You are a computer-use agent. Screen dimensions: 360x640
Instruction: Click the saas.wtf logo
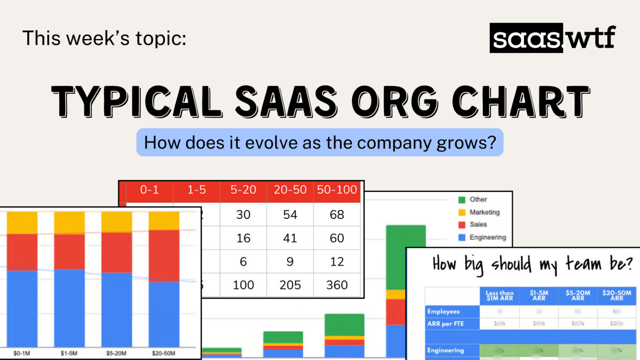pos(552,38)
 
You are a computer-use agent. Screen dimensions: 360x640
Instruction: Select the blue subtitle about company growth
pos(320,143)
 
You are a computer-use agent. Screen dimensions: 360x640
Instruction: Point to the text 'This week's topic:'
pos(105,38)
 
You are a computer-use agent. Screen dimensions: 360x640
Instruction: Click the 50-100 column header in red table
pos(337,190)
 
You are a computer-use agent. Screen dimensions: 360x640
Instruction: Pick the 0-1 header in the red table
pos(149,190)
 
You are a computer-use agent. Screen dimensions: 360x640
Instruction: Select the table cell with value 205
pos(290,285)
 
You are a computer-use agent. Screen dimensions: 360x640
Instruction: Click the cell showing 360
pos(337,285)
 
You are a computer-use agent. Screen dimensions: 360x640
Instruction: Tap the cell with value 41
pos(290,238)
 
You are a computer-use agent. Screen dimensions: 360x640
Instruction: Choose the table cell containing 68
pos(337,215)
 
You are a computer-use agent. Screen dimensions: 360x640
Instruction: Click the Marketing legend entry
pos(484,212)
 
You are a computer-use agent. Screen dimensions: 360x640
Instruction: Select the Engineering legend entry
pos(487,237)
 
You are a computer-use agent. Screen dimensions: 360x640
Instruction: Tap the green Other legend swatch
pos(462,200)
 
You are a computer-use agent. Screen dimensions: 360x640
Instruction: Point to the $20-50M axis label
pos(164,354)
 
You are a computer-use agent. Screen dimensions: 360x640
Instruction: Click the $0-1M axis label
pos(22,354)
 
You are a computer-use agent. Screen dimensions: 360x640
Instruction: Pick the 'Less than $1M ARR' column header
pos(499,296)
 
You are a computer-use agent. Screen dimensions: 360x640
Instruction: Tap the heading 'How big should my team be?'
pos(533,264)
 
